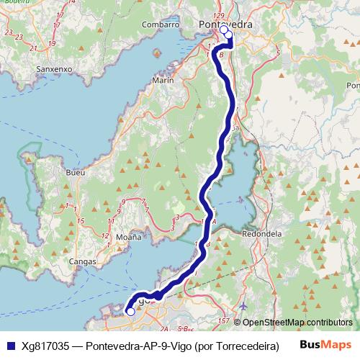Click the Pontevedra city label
pos(225,24)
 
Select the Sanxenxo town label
pos(53,69)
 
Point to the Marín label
pos(163,81)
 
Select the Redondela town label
pos(266,234)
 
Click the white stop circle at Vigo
pos(130,312)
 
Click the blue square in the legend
pos(9,345)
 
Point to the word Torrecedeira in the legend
pos(242,345)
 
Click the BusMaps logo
pos(325,345)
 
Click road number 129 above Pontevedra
pos(220,14)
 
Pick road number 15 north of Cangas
pos(81,220)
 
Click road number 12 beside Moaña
pos(105,236)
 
